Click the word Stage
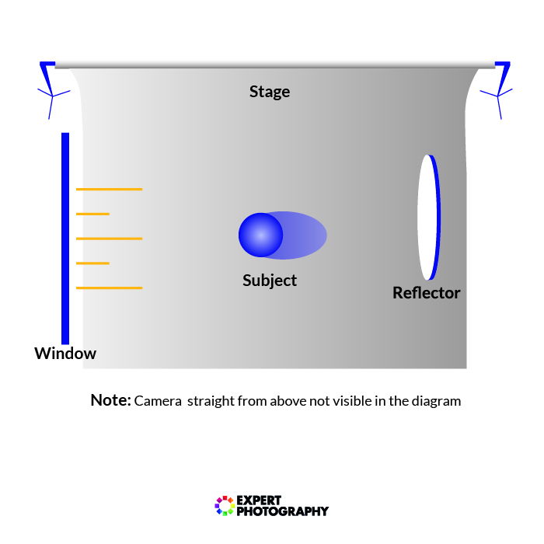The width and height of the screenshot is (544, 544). [269, 92]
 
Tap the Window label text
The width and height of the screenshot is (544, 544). [65, 354]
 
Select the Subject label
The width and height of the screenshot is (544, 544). [270, 281]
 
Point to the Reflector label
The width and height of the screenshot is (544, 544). [426, 293]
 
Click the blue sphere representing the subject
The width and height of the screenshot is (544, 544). [260, 235]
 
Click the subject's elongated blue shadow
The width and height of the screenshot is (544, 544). [305, 235]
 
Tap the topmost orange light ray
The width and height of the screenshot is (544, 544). [109, 189]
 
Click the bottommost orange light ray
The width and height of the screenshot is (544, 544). [109, 288]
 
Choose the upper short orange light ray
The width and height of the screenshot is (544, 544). [92, 214]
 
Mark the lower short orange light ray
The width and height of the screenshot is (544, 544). [92, 263]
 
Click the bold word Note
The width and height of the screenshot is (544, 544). [110, 400]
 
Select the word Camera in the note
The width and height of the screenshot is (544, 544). [158, 402]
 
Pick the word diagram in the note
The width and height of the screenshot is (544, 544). [436, 402]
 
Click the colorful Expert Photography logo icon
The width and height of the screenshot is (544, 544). [224, 506]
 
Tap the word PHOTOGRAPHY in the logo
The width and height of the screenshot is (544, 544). [281, 511]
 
